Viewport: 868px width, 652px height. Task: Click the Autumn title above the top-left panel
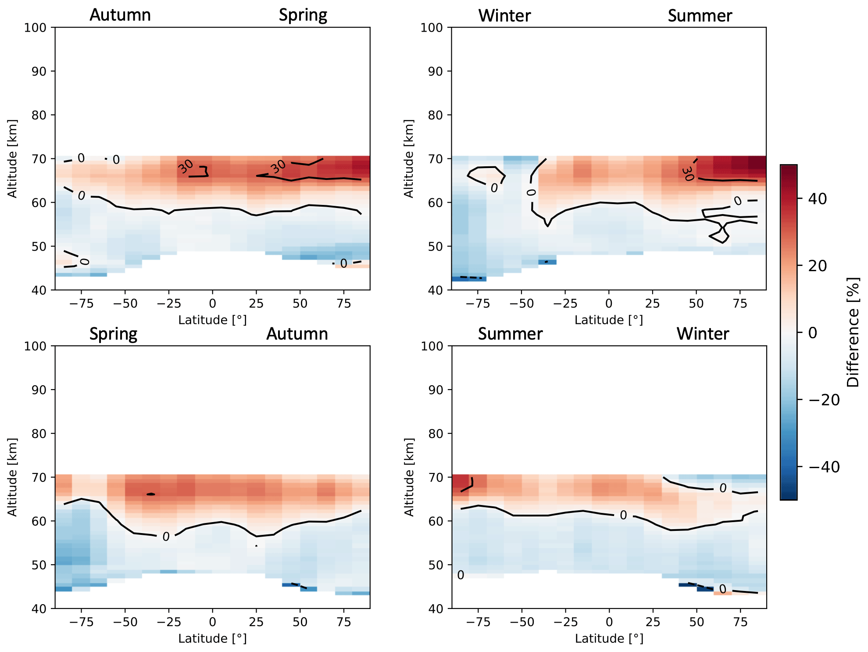[120, 15]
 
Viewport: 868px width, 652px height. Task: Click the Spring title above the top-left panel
[303, 15]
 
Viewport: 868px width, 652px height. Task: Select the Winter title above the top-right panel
[504, 16]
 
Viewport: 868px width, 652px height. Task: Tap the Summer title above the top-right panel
[700, 16]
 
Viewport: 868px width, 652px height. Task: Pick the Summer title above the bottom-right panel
[510, 334]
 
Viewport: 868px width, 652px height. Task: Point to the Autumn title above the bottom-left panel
[297, 334]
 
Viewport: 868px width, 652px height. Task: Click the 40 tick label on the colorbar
[817, 199]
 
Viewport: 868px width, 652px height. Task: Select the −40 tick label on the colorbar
[824, 467]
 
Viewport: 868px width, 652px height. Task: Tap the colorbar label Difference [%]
[853, 332]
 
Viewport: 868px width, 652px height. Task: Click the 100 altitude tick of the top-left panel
[35, 28]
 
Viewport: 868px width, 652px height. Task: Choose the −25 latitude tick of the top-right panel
[565, 304]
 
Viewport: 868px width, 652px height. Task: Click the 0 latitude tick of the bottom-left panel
[212, 622]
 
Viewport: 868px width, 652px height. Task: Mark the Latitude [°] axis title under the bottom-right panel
[609, 639]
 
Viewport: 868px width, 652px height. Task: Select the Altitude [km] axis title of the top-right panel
[408, 158]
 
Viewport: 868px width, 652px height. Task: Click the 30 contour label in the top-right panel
[688, 173]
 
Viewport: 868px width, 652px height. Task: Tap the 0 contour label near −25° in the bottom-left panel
[166, 537]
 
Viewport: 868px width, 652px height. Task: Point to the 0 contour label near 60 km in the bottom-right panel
[623, 515]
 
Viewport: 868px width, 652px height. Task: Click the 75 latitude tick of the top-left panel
[344, 304]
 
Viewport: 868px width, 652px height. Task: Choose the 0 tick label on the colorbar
[813, 333]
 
